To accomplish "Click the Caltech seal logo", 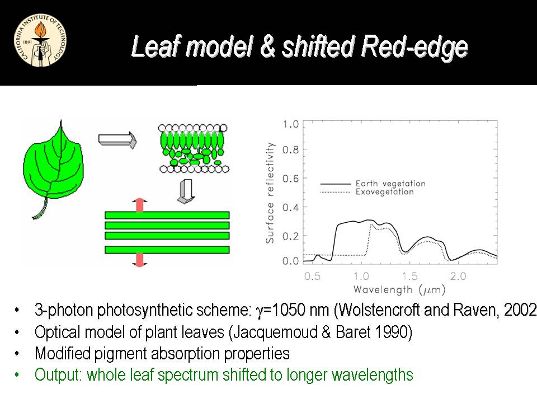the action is pyautogui.click(x=40, y=40).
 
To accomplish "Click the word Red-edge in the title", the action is pyautogui.click(x=414, y=47).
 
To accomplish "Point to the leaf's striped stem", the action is pyautogui.click(x=41, y=209).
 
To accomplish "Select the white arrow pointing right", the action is pyautogui.click(x=117, y=140).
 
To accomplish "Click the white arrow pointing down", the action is pyautogui.click(x=186, y=191).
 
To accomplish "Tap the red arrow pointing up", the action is pyautogui.click(x=139, y=205).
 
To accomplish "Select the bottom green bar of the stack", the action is pyautogui.click(x=167, y=250).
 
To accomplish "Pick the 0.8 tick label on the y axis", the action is pyautogui.click(x=290, y=150).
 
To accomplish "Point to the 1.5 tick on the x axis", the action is pyautogui.click(x=410, y=276).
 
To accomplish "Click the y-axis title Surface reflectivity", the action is pyautogui.click(x=270, y=193).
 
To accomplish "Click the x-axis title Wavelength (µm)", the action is pyautogui.click(x=399, y=290).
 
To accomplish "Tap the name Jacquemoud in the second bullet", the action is pyautogui.click(x=275, y=332).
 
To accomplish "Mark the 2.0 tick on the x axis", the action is pyautogui.click(x=458, y=276).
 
